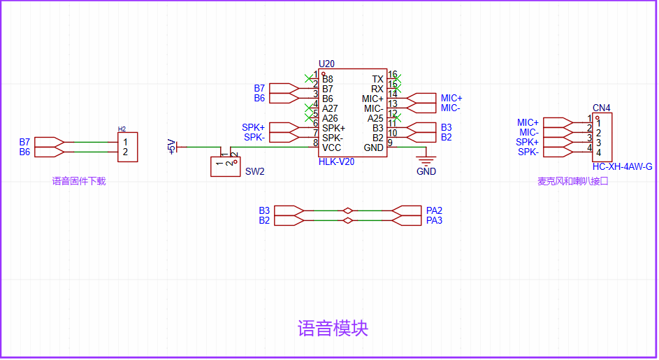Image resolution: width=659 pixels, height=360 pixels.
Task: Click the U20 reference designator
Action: (326, 64)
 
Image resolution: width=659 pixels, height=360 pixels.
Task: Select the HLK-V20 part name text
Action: (336, 161)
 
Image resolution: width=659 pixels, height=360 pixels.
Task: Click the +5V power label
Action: (171, 147)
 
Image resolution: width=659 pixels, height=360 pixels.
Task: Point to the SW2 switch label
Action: (254, 171)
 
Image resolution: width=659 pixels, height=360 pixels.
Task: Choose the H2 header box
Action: (127, 147)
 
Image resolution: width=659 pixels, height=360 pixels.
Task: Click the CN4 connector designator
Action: (601, 108)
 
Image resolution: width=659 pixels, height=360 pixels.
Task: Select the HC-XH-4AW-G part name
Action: (622, 166)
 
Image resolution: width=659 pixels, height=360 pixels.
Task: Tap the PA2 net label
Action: (434, 210)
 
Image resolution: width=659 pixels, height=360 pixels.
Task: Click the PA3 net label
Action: (434, 220)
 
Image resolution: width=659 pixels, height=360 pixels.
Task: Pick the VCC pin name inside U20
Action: (332, 147)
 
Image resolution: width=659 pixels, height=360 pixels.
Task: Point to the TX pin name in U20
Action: (377, 80)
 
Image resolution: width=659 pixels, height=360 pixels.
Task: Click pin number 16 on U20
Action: (392, 74)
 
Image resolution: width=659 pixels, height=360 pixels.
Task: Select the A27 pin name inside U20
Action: (330, 108)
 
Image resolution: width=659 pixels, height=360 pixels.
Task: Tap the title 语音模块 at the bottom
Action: (333, 328)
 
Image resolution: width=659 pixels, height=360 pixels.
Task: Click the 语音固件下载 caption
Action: (78, 181)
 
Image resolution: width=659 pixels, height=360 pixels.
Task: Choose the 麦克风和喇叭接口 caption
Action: (573, 181)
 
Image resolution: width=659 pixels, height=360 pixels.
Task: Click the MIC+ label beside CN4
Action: (528, 122)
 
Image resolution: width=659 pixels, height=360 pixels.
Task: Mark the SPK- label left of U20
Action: (254, 137)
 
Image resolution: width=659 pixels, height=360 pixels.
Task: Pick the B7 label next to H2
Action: (24, 142)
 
